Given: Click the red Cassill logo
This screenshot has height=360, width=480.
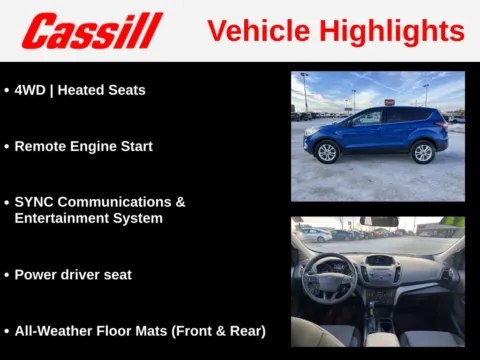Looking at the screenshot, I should pos(91,31).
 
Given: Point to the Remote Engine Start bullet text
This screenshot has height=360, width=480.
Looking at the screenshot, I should pos(83,146).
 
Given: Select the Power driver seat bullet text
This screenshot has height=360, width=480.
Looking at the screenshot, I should pos(73,274).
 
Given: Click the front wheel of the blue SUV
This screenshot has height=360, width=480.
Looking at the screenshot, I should pos(326,152).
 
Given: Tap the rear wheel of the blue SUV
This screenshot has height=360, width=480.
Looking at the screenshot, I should pos(422,152).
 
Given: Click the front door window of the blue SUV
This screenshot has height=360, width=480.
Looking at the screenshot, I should pos(367,118).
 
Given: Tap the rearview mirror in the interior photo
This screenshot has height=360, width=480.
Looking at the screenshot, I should pos(379,221).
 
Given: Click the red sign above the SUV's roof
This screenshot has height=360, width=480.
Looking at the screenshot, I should pos(389,101).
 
